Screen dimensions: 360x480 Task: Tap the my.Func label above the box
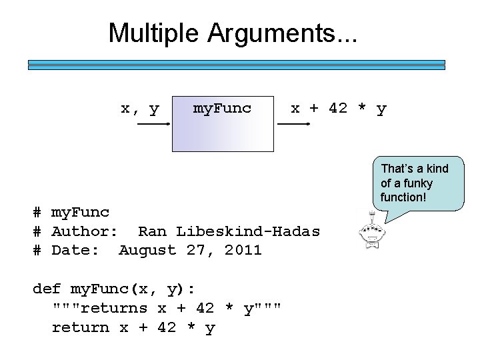[222, 108]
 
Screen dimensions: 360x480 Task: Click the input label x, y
[139, 108]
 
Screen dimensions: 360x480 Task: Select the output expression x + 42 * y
[338, 108]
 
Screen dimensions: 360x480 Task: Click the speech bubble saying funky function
[417, 183]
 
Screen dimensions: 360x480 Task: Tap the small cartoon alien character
[367, 230]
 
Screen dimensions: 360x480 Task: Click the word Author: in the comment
[85, 231]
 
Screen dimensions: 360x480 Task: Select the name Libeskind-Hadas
[248, 231]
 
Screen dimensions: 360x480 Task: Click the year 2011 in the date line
[243, 251]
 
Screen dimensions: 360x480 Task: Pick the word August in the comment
[147, 251]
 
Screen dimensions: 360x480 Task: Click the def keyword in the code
[47, 289]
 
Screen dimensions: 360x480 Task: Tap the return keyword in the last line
[80, 327]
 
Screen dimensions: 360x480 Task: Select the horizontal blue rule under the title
[236, 65]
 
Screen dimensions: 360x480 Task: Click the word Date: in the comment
[75, 251]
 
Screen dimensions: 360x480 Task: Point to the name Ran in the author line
[152, 231]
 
